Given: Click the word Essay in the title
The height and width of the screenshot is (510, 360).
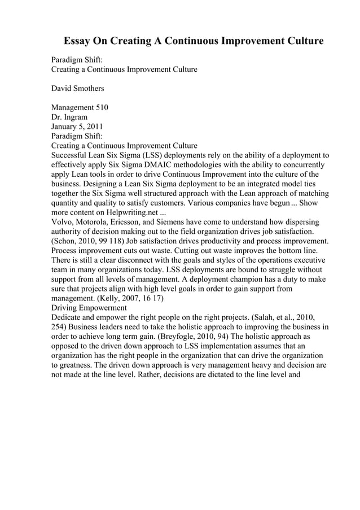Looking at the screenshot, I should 77,41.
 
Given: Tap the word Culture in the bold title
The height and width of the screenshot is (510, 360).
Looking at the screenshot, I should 304,41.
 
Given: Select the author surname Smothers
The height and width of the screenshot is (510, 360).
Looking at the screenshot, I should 88,89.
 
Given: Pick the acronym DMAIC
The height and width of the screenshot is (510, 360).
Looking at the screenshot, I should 148,164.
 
